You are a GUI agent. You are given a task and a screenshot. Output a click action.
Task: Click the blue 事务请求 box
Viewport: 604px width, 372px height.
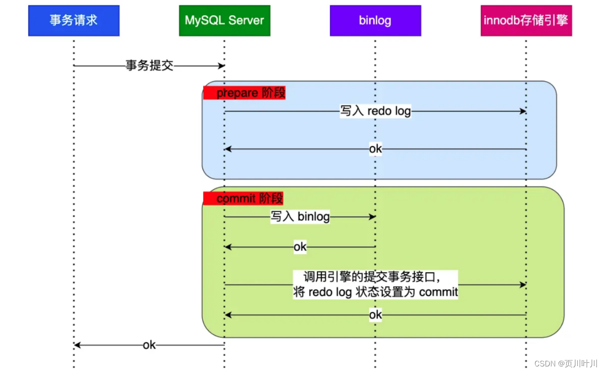point(74,20)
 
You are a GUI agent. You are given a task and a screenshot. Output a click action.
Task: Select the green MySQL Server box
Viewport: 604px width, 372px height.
point(225,20)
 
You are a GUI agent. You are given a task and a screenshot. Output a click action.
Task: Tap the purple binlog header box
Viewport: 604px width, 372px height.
point(375,20)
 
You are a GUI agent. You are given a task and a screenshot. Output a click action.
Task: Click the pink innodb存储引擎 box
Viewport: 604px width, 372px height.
point(526,20)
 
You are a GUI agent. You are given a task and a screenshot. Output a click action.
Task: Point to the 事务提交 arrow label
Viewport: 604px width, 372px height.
point(149,65)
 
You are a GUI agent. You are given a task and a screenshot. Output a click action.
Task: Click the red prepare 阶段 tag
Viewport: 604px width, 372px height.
point(244,93)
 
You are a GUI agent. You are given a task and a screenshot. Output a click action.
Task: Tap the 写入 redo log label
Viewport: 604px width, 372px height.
point(375,111)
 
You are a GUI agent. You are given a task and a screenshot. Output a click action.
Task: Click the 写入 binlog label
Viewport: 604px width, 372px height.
point(300,217)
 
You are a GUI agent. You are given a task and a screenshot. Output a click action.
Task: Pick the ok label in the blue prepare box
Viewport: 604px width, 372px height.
point(375,149)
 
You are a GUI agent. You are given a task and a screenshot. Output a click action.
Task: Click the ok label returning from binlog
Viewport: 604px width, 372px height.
point(300,247)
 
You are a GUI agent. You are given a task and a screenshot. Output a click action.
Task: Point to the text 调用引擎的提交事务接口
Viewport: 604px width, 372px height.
point(372,277)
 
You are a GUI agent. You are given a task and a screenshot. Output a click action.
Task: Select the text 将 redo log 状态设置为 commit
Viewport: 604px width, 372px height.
point(375,292)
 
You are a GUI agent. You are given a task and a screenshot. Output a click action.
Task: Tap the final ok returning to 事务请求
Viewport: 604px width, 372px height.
point(149,345)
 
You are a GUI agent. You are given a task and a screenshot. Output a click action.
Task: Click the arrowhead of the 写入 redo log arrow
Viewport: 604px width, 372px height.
point(523,111)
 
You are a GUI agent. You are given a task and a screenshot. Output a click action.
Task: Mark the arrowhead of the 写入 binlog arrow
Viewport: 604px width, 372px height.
point(372,217)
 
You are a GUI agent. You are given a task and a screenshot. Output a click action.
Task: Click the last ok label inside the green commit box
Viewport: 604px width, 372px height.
point(375,315)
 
